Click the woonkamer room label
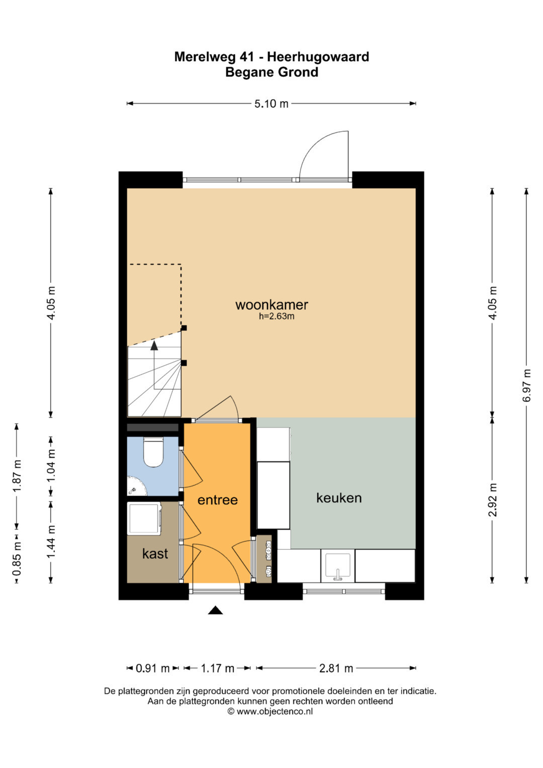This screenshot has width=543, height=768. [x=271, y=304]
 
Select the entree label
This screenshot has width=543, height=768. [x=217, y=500]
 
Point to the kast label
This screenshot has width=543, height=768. [x=155, y=553]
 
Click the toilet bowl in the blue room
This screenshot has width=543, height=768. [x=153, y=452]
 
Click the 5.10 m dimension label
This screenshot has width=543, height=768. [x=271, y=104]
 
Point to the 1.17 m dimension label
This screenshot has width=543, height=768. [x=217, y=668]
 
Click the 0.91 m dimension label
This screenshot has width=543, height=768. [x=152, y=668]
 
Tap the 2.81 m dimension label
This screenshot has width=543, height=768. [x=336, y=668]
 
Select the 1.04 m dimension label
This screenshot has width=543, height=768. [x=51, y=466]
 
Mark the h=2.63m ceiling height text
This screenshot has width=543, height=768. [x=277, y=316]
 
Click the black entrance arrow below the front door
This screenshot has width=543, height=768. [x=215, y=610]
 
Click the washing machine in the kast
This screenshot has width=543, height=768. [x=144, y=518]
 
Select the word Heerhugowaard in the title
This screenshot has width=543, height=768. [x=318, y=56]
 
